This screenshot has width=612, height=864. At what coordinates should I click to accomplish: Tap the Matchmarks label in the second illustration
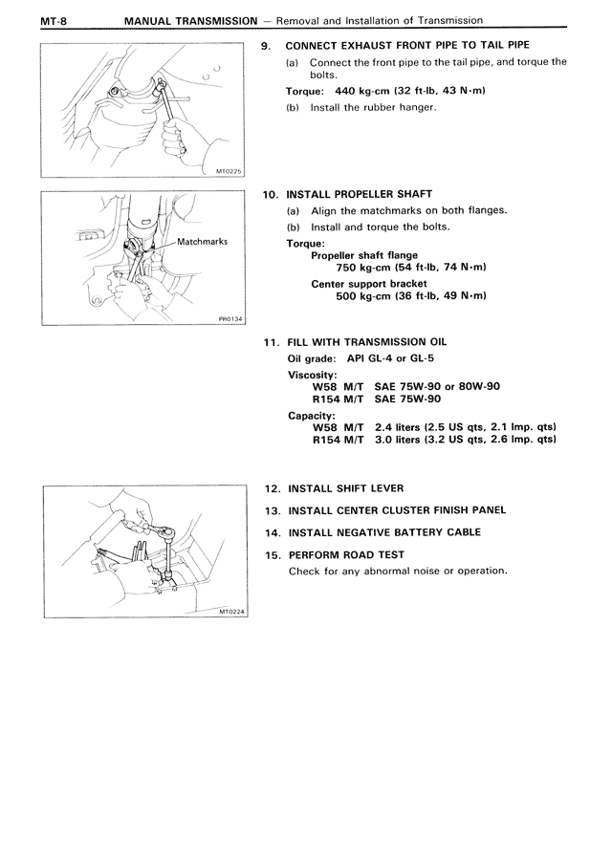[x=202, y=242]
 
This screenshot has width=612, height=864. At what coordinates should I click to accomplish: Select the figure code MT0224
[x=232, y=613]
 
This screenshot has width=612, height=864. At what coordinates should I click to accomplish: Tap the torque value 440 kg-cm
[x=359, y=91]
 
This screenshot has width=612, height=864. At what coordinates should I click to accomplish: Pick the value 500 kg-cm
[x=363, y=296]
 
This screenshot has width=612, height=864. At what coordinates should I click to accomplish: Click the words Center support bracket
[x=369, y=283]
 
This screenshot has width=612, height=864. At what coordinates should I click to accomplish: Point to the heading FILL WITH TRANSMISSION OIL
[x=367, y=342]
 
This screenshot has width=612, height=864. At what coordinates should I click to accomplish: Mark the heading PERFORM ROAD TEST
[x=346, y=554]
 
